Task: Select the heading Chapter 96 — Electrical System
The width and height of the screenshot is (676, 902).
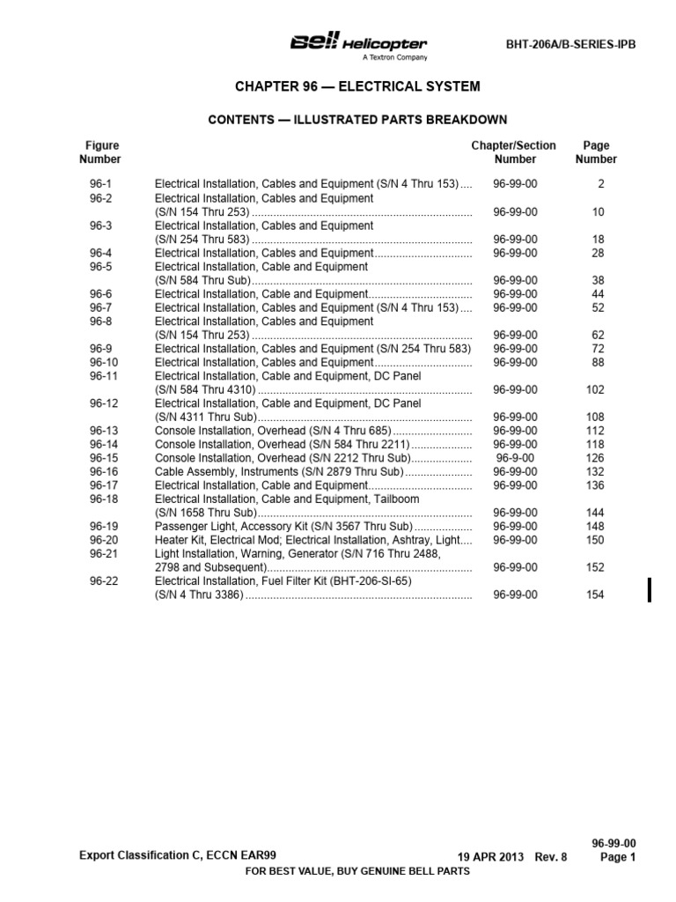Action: coord(357,86)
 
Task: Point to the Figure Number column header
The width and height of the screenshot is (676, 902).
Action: coord(100,152)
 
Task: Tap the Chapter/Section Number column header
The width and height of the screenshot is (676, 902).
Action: coord(515,152)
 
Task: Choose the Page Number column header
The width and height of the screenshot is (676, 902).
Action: coord(596,152)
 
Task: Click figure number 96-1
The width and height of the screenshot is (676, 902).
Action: coord(100,184)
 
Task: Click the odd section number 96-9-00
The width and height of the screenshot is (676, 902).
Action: coord(515,458)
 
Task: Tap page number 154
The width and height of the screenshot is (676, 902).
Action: coord(596,595)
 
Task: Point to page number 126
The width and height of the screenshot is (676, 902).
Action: coord(596,458)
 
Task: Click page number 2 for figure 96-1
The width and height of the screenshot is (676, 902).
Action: coord(601,184)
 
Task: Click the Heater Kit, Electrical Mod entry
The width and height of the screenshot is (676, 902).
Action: coord(312,540)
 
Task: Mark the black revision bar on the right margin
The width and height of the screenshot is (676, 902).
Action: coord(650,590)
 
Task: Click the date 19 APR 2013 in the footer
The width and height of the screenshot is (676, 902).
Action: coord(491,857)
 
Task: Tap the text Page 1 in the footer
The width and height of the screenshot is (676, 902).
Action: coord(619,857)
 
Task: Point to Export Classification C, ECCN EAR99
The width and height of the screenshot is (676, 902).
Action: coord(182,854)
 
